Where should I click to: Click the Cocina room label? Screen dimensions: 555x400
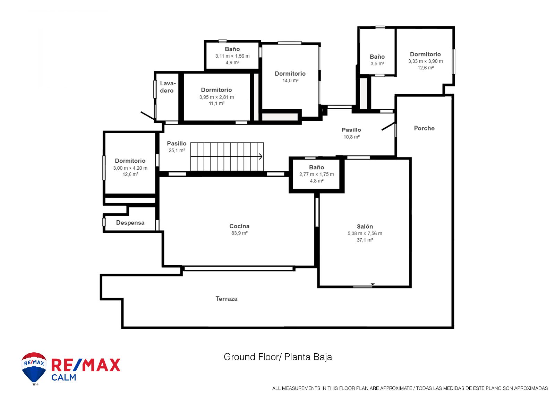[x=239, y=226]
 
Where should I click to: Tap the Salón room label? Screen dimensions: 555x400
[x=365, y=226]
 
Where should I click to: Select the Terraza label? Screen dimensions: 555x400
[x=227, y=299]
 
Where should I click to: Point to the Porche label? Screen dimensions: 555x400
[x=424, y=128]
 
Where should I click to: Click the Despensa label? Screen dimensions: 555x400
[x=130, y=223]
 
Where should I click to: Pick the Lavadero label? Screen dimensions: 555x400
[x=168, y=87]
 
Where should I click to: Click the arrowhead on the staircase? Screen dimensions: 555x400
[x=261, y=156]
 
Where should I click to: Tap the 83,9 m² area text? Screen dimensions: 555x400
[x=239, y=233]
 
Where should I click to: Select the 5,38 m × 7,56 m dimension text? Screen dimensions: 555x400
[x=365, y=233]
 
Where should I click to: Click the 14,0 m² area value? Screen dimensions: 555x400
[x=290, y=80]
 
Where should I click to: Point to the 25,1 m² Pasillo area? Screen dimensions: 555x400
[x=177, y=151]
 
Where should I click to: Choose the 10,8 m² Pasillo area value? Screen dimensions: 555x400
[x=351, y=137]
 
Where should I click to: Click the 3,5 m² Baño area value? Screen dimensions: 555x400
[x=377, y=64]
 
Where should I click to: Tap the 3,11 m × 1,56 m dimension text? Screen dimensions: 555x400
[x=232, y=56]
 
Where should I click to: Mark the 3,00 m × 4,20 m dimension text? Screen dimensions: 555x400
[x=130, y=168]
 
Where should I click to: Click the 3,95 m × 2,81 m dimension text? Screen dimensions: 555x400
[x=216, y=97]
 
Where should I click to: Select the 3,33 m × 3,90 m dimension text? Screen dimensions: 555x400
[x=425, y=61]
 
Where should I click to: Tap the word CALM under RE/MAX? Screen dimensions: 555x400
[x=64, y=377]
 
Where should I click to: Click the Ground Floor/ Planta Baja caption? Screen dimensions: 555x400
[x=278, y=357]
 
